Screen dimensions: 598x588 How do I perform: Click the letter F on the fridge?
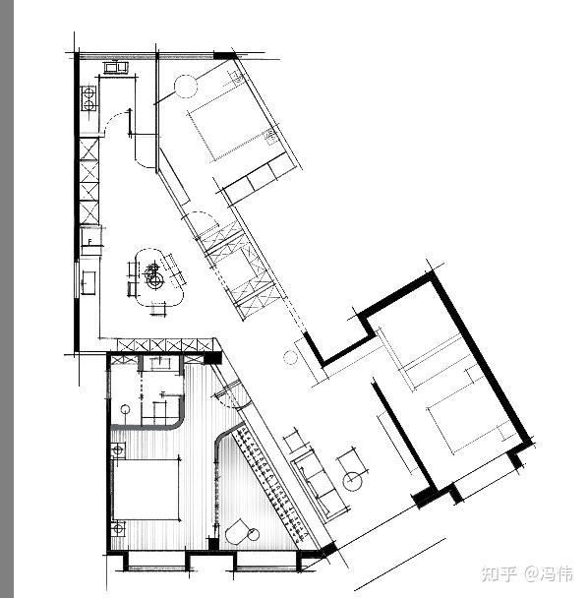coord(89,241)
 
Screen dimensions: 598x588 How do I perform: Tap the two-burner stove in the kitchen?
coord(88,98)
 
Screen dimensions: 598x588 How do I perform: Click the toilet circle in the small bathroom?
coord(126,408)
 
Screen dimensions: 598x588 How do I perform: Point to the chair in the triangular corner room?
coord(238,534)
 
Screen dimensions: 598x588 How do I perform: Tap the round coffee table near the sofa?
coord(353,481)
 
